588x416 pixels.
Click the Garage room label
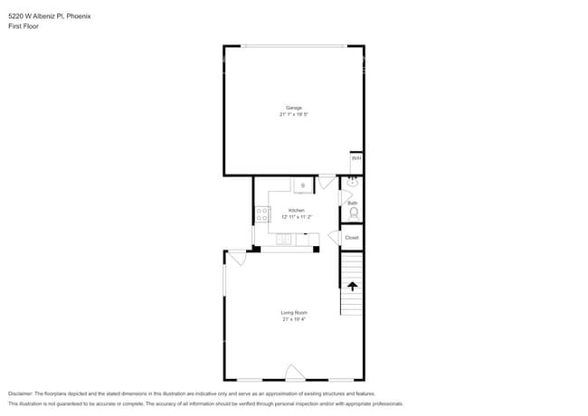[x=294, y=108]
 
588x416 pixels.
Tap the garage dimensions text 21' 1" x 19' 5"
[x=294, y=114]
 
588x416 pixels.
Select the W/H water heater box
[x=356, y=157]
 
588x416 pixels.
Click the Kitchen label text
[x=297, y=210]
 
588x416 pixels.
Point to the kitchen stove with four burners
[x=262, y=215]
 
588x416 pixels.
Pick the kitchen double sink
[x=285, y=240]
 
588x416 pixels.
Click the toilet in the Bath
[x=354, y=214]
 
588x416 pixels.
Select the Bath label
[x=353, y=203]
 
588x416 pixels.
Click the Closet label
[x=352, y=238]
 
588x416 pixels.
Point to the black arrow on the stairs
[x=352, y=287]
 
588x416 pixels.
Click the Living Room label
[x=294, y=312]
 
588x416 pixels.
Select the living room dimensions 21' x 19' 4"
[x=294, y=318]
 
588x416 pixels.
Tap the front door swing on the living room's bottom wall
[x=295, y=372]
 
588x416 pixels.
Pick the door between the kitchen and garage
[x=327, y=183]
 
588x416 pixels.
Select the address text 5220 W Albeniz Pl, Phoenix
[x=49, y=16]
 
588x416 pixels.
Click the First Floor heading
[x=24, y=26]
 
